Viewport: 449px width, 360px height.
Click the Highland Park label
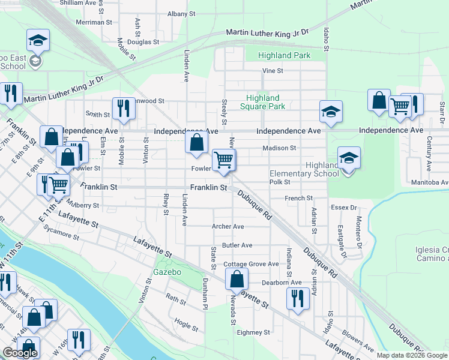point(284,55)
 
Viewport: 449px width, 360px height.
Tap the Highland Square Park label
point(262,102)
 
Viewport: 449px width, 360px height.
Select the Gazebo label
point(167,272)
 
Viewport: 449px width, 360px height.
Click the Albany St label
point(181,13)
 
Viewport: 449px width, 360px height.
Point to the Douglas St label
point(143,43)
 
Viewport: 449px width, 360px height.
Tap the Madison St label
point(279,148)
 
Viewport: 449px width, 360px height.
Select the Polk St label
point(280,182)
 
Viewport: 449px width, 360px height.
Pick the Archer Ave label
point(228,226)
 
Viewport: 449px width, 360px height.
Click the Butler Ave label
point(237,245)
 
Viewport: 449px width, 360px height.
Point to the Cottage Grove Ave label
point(251,264)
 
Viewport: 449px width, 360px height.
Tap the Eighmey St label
point(253,332)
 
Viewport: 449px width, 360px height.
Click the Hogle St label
point(186,328)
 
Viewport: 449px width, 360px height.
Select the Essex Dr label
point(344,208)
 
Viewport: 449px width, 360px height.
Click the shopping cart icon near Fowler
point(224,160)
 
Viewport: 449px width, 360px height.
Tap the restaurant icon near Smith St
point(124,109)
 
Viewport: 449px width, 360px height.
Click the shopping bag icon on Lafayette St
point(237,279)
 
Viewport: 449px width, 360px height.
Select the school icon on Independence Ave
point(330,112)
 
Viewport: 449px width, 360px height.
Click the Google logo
point(20,353)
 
